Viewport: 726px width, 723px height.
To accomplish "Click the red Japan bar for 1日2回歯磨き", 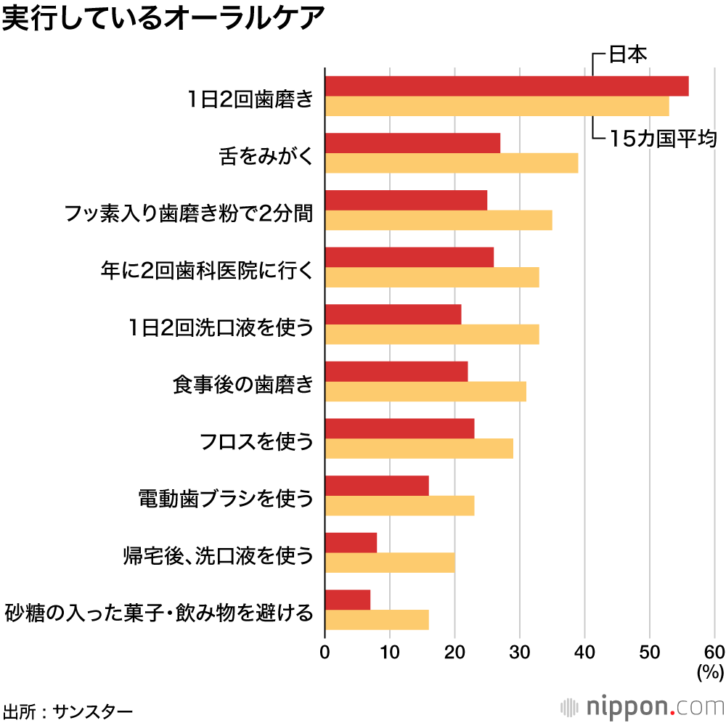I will pos(507,86).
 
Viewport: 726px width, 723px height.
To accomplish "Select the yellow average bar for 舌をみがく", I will pos(452,163).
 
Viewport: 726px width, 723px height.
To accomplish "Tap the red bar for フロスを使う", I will pos(399,428).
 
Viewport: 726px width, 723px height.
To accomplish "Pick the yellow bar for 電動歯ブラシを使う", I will pos(399,505).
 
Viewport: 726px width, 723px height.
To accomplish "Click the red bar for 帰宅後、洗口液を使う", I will pos(351,543).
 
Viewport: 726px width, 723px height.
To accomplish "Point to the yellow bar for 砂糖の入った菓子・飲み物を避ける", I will pos(377,620).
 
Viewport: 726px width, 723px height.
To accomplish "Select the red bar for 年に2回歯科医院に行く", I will pos(409,257).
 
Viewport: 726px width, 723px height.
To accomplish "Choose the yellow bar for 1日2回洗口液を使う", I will pos(432,334).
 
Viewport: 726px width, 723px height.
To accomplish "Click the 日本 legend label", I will pos(627,54).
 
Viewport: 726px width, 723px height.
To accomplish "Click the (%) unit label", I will pos(709,672).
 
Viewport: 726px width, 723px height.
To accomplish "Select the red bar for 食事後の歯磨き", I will pos(396,372).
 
